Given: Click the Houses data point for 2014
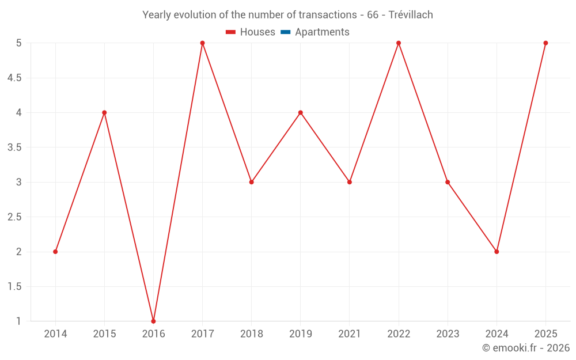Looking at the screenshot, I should coord(55,252).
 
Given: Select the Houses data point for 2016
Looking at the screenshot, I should coord(153,321).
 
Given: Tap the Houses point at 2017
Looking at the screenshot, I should coord(202,43).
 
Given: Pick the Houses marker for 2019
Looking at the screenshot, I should coord(301,112).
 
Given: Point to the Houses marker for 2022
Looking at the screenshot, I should coord(399,43).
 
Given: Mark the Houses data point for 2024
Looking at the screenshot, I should coord(497,252).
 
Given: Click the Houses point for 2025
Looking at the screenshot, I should coord(545,43).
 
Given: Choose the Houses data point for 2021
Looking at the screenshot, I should coord(350,182).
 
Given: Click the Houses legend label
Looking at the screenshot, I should coord(257,32).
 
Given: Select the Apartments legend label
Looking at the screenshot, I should coord(322,32).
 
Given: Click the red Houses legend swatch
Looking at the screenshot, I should coord(230,32).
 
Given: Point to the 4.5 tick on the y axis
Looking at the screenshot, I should coord(14,78).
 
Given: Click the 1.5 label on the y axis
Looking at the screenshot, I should coord(14,286).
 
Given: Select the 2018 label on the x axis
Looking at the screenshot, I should coord(252,334).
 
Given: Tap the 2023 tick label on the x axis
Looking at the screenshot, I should coord(448,334).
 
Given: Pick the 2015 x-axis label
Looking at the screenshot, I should coord(104,334).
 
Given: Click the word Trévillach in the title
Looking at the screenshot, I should coord(411,15).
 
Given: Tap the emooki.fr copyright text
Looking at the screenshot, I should coord(526,348).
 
